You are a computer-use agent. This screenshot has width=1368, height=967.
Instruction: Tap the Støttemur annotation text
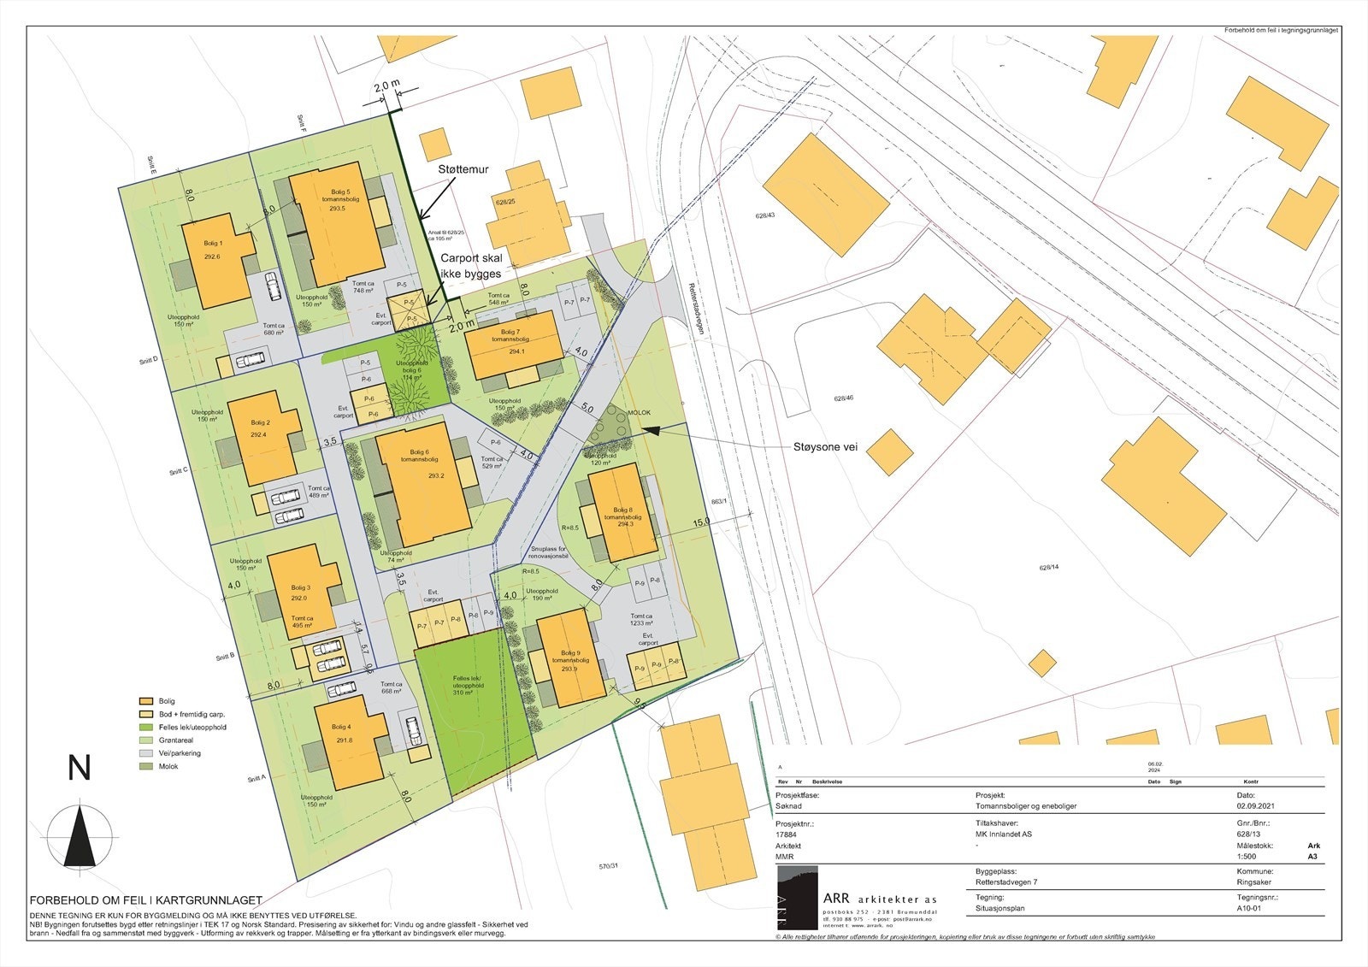(x=463, y=170)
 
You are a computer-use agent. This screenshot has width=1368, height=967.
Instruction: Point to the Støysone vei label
(x=824, y=446)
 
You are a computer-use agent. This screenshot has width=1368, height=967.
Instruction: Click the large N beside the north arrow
(x=80, y=769)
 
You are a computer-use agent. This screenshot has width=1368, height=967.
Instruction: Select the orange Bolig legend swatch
(x=145, y=701)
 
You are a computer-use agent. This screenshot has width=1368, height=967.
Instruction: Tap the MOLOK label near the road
(x=639, y=413)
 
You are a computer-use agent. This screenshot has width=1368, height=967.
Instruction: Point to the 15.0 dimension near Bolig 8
(x=701, y=522)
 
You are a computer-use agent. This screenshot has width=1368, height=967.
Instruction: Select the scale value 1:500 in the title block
(x=1247, y=856)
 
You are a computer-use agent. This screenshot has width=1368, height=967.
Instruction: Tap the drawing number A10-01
(x=1248, y=909)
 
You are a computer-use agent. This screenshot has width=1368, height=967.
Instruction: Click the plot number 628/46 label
(x=844, y=398)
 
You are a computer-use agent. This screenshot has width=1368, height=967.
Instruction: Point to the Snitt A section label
(x=257, y=778)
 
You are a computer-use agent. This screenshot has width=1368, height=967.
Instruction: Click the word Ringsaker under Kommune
(x=1254, y=882)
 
